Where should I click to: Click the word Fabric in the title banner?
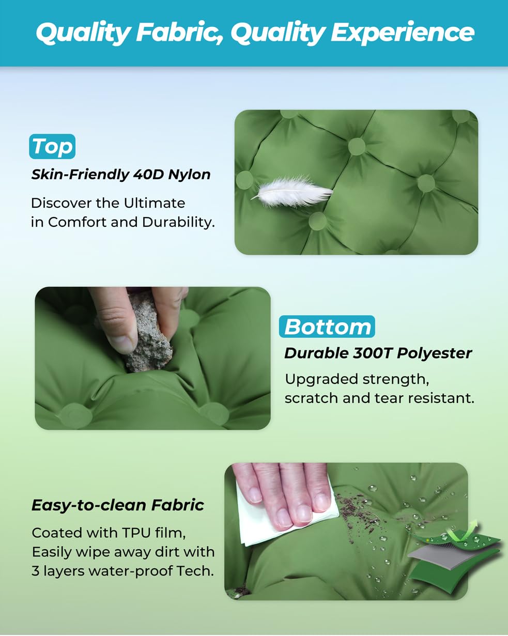[x=179, y=32]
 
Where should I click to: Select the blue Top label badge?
[x=52, y=146]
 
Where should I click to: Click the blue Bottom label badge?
[x=327, y=327]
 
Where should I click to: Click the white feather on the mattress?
[x=292, y=192]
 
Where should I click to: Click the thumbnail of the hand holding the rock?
[x=152, y=358]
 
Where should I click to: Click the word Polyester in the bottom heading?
[x=434, y=354]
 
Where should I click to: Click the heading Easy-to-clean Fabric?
[x=118, y=505]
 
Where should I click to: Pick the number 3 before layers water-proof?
[x=36, y=571]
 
